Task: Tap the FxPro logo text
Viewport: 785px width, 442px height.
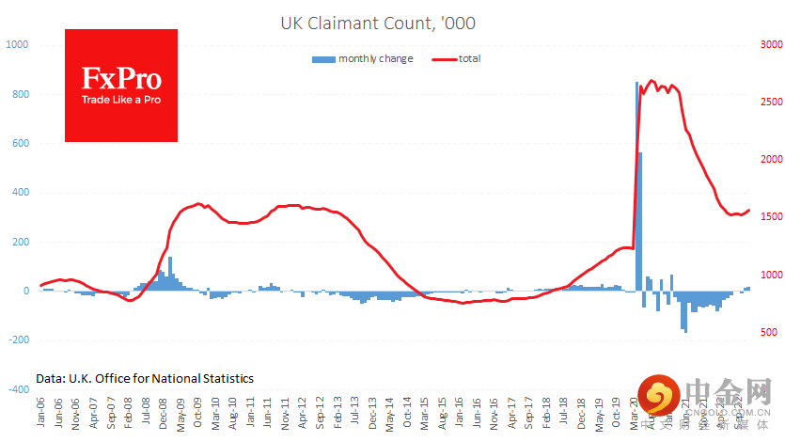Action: tap(120, 78)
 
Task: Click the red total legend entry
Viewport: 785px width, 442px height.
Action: tap(457, 59)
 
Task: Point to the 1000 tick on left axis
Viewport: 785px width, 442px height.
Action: tap(18, 45)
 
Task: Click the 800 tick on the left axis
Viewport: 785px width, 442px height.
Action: tap(21, 94)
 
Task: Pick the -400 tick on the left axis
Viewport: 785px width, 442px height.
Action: tap(18, 388)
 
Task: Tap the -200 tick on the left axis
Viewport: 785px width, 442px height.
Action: tap(18, 339)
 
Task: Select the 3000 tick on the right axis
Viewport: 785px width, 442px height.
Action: tap(771, 45)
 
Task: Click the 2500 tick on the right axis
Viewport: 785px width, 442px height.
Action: tap(771, 103)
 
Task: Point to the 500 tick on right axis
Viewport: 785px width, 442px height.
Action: tap(768, 332)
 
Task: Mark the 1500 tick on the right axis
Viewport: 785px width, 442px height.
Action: tap(771, 217)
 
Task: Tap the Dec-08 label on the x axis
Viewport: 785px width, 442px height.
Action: tap(164, 414)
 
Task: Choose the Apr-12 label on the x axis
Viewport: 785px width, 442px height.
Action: tap(302, 414)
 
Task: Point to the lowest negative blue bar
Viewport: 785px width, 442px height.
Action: tap(685, 311)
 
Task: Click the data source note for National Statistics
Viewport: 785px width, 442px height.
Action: tap(145, 378)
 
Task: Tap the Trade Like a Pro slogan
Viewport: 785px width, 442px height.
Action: tap(120, 99)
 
